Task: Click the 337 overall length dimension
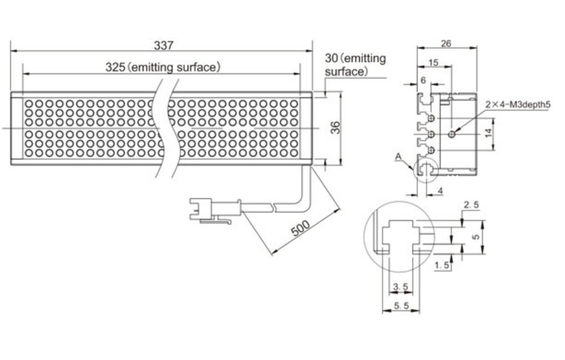click(163, 45)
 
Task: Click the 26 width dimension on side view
click(446, 43)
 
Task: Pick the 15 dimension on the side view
click(433, 62)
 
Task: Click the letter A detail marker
click(398, 157)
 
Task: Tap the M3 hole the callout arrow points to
click(452, 133)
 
